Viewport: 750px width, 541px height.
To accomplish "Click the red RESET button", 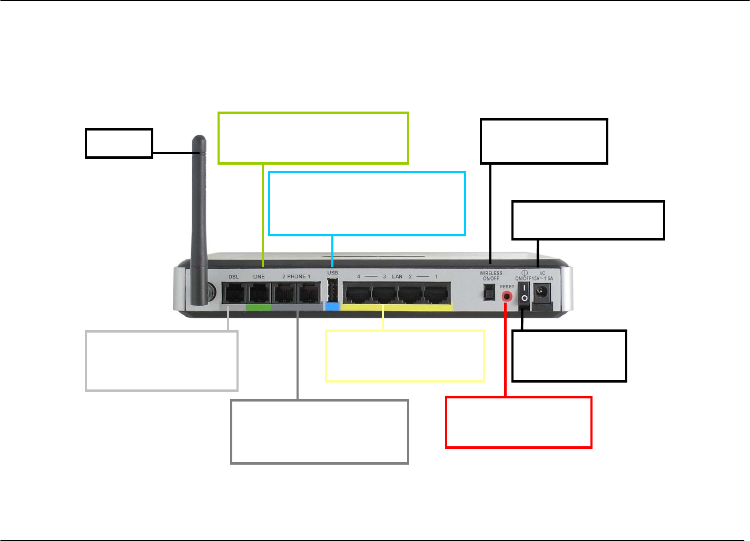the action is pos(507,296).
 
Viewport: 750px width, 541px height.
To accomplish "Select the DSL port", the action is pos(233,293).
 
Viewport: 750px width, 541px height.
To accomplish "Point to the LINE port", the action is pos(259,293).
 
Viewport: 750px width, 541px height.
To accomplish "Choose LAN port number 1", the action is pos(437,293).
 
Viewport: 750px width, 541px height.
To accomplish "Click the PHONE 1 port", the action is pos(309,293).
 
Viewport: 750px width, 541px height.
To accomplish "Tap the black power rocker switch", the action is pos(524,293).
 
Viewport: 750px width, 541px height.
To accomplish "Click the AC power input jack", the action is pos(542,293).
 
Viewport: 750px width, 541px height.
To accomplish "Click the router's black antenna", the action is pos(200,221).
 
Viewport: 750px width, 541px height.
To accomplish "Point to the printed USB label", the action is pos(332,273).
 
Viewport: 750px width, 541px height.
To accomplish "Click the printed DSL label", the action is pos(234,277).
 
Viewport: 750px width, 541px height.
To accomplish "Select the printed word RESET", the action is pos(507,287).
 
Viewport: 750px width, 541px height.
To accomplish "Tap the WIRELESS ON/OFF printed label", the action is pos(491,276).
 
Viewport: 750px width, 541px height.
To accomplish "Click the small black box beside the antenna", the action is pos(119,143).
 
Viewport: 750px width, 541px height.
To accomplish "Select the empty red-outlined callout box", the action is pos(519,423).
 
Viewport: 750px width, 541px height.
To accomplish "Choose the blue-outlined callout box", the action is pos(367,204).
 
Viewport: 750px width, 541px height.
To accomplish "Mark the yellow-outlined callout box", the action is pos(405,356).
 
